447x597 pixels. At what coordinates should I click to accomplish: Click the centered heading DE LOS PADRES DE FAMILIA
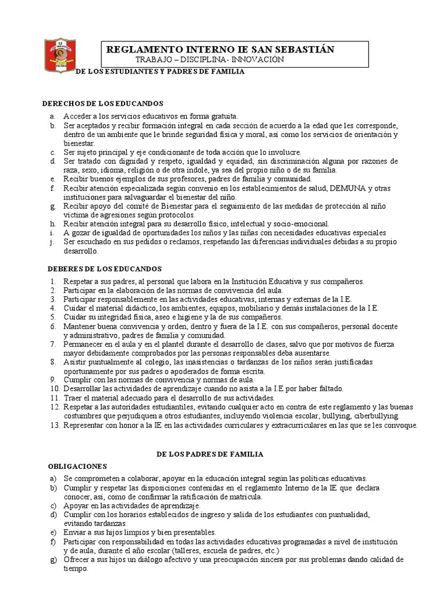click(211, 454)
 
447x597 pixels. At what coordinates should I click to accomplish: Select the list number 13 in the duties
click(54, 426)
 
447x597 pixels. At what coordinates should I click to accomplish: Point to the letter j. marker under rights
click(52, 242)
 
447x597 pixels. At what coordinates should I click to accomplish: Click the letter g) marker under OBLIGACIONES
click(54, 560)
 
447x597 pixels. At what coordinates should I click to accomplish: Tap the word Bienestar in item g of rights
click(174, 206)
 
